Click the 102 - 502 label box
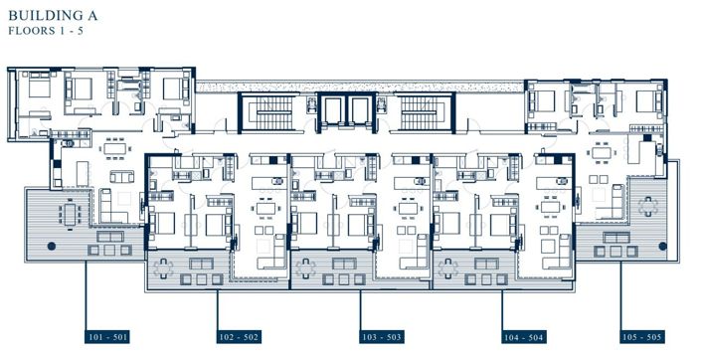(239, 335)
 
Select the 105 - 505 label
(639, 335)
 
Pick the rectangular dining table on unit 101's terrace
(71, 213)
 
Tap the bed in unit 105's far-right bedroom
(647, 98)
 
